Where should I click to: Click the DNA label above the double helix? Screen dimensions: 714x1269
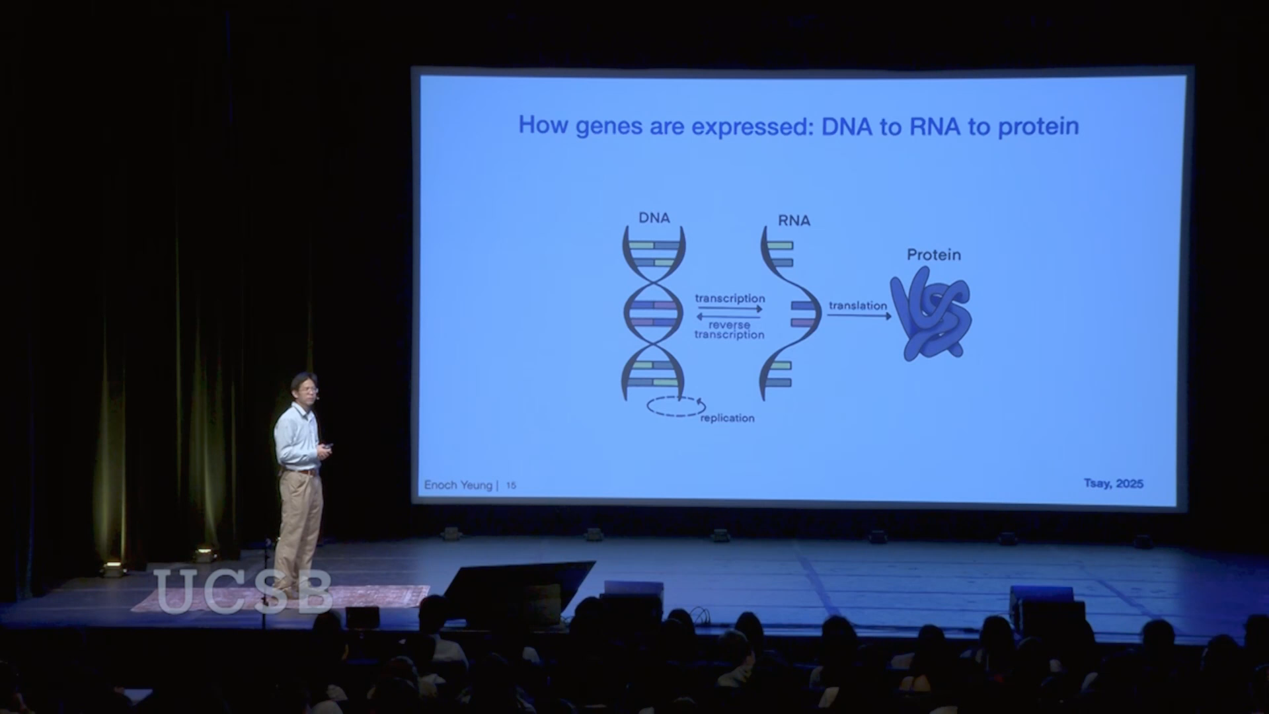click(654, 218)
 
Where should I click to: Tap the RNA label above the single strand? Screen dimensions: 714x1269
click(794, 220)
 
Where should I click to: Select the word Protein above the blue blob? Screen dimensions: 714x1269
click(933, 255)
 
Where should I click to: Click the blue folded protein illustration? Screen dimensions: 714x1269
click(931, 318)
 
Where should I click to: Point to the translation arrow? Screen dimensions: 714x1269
click(859, 316)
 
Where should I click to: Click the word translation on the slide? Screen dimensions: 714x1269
click(857, 305)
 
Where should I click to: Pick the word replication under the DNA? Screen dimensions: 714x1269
click(727, 418)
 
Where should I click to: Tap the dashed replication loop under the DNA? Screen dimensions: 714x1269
click(675, 406)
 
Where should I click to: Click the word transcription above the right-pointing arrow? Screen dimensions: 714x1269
click(730, 298)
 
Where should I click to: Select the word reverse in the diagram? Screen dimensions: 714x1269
click(729, 325)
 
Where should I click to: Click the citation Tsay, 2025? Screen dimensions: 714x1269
click(1113, 483)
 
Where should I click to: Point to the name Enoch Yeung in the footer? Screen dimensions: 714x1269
click(458, 485)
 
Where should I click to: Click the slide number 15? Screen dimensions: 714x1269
click(511, 485)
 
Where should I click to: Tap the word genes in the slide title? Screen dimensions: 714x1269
click(609, 126)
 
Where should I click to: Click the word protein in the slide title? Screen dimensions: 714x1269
click(1038, 126)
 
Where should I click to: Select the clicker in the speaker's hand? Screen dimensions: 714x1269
click(327, 448)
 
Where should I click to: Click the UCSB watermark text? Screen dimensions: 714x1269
click(243, 592)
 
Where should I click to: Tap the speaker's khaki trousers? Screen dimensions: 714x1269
click(299, 522)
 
